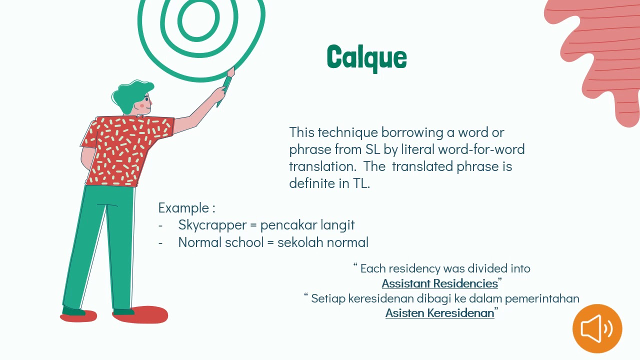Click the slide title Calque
[366, 57]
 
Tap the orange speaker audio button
[597, 328]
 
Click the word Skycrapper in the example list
[211, 225]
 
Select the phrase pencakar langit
[307, 225]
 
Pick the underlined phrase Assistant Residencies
[439, 283]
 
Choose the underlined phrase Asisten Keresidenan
[439, 313]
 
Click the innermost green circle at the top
[198, 19]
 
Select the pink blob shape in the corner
[600, 50]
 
